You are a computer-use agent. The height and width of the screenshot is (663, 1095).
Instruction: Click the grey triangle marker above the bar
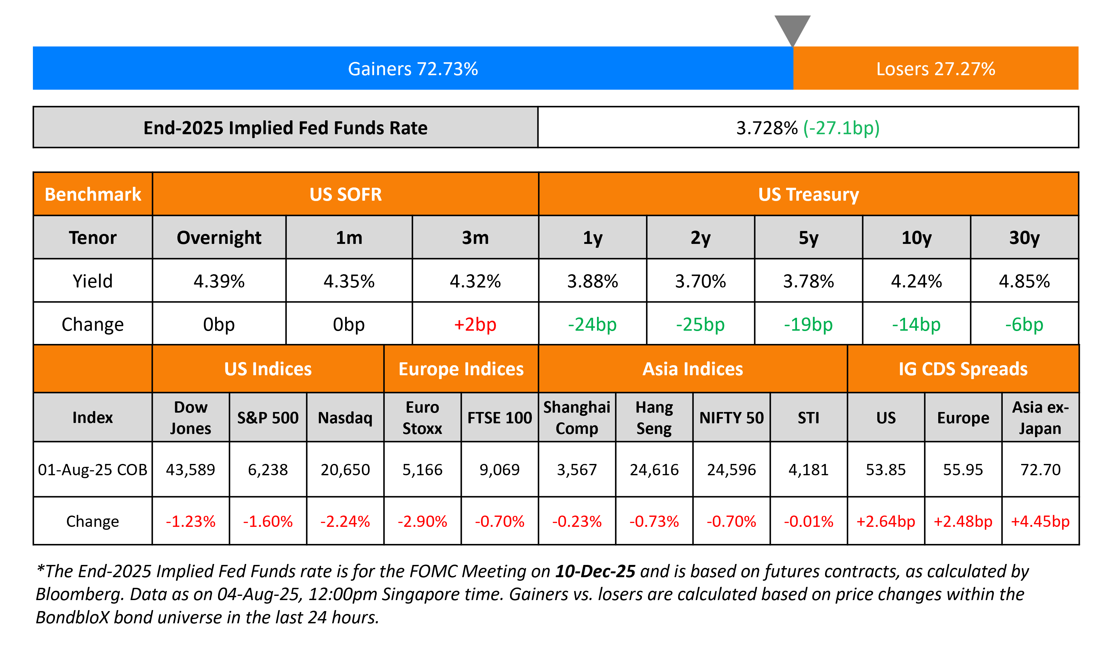tap(792, 27)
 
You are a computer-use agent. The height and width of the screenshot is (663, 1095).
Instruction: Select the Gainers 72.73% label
tap(413, 69)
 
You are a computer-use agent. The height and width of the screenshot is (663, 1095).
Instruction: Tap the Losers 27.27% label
tap(935, 69)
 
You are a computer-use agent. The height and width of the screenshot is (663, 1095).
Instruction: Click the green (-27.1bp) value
tap(841, 128)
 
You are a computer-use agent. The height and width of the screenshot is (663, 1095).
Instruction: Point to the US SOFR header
tap(345, 194)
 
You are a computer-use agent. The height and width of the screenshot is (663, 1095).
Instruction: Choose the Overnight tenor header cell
tap(219, 238)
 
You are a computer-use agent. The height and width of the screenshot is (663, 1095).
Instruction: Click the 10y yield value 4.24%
tap(916, 281)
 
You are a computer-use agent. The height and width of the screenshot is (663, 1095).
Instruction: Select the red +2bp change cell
tap(475, 325)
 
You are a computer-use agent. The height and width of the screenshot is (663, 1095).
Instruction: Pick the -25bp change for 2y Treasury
tap(700, 325)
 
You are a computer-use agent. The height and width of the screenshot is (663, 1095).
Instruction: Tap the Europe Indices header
tap(461, 369)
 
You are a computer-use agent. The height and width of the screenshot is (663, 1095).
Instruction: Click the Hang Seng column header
tap(654, 417)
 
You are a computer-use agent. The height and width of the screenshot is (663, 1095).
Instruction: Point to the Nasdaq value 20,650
tap(345, 469)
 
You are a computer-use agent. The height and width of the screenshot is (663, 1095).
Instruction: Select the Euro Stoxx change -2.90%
tap(422, 521)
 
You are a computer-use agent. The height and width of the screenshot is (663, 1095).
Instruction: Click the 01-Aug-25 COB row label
tap(93, 469)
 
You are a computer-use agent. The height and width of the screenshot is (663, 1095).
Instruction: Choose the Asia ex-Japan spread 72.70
tap(1040, 469)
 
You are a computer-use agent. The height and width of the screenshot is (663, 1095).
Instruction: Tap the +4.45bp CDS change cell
tap(1040, 521)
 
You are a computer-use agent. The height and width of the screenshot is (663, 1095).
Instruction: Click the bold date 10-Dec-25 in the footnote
tap(595, 571)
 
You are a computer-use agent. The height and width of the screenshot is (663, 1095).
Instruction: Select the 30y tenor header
tap(1024, 238)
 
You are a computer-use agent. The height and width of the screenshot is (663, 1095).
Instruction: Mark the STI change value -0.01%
tap(808, 521)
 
